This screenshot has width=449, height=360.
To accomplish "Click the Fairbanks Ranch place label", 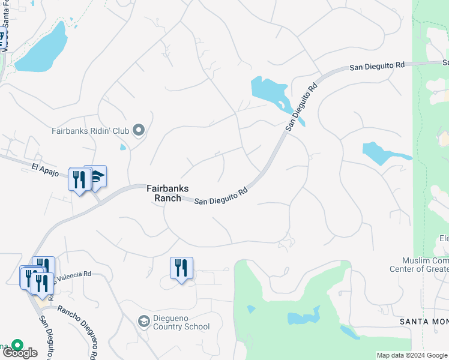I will (163, 193).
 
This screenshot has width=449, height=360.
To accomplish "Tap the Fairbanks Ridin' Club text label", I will (91, 130).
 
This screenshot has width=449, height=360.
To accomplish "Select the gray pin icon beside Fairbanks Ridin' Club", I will (139, 130).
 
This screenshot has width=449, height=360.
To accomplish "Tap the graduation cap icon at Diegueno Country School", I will (143, 322).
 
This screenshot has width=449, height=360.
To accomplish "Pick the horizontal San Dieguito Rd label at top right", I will (377, 67).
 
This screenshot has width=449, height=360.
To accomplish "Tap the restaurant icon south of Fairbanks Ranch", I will (181, 268).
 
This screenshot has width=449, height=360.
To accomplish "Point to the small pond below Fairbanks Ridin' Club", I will (123, 147).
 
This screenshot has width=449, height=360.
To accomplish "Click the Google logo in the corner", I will (20, 353).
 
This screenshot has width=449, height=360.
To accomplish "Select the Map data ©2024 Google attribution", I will (412, 355).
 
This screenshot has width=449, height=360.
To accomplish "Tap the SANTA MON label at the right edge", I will (424, 322).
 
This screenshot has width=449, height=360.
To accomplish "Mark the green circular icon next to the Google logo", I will (17, 346).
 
